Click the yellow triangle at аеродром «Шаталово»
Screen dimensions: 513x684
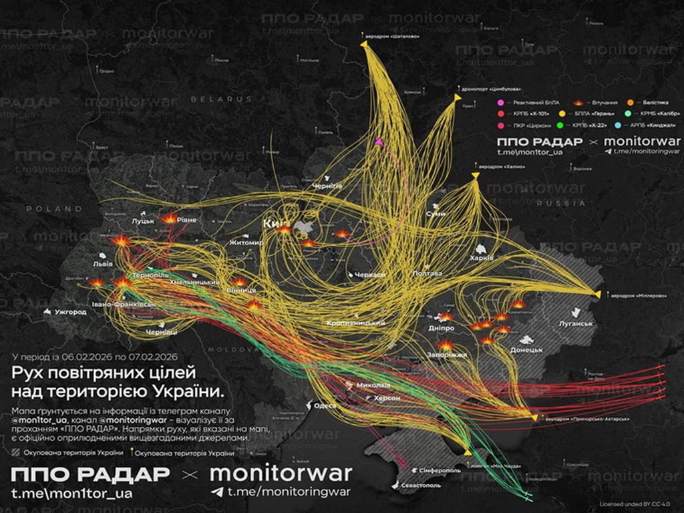coord(364,44)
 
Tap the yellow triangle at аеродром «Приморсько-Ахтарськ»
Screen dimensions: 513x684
coord(534,417)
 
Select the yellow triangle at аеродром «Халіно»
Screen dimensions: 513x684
coord(475,176)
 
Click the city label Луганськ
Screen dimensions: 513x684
coord(575,323)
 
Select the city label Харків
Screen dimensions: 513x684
coord(481,257)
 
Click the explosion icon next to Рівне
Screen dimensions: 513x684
coord(170,218)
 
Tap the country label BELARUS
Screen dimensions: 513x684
coord(212,99)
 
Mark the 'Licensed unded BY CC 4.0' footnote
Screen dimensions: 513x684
coord(635,504)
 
